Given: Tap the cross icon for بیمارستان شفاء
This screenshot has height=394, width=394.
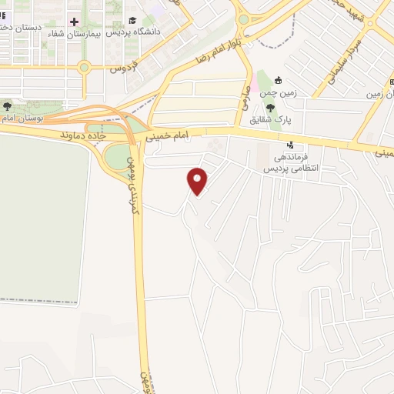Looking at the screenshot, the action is [74, 22].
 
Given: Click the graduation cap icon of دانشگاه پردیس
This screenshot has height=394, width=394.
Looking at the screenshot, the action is [132, 21].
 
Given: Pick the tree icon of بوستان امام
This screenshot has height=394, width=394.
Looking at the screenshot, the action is [7, 106].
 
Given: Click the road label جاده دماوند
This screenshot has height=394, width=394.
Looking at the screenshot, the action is [82, 135].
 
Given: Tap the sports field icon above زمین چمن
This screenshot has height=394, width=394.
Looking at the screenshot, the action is [279, 80].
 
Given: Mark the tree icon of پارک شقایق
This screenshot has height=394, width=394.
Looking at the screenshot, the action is [269, 106].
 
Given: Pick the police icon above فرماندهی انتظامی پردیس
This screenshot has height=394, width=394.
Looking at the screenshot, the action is [289, 144].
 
